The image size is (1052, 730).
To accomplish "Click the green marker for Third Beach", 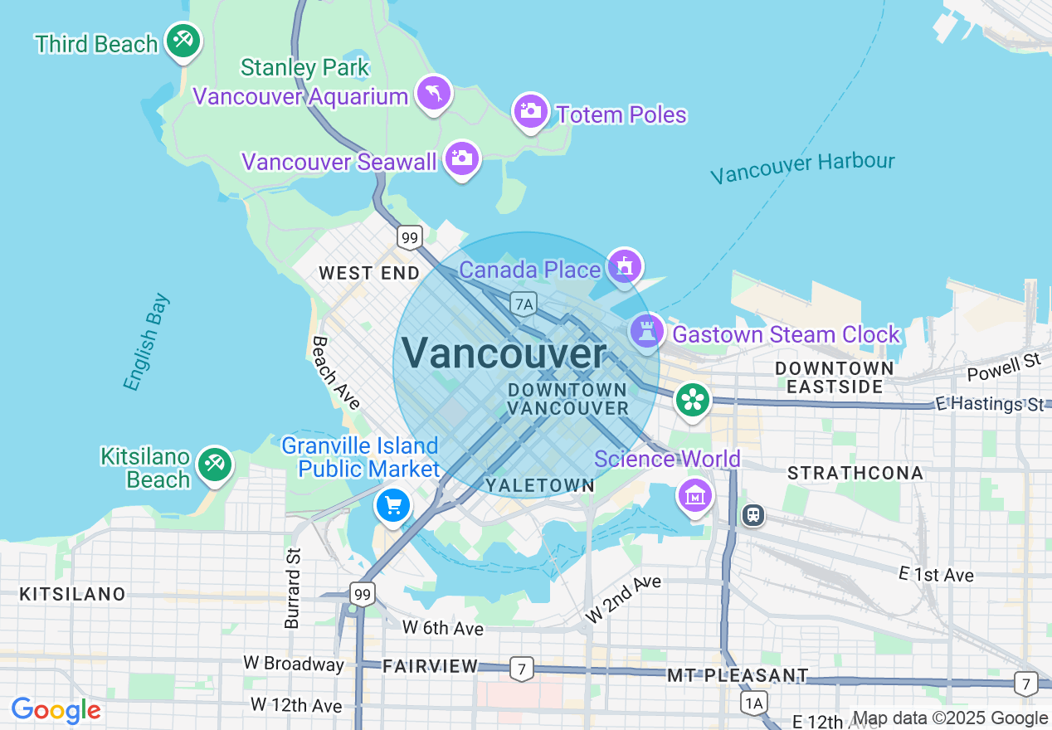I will coord(183,40).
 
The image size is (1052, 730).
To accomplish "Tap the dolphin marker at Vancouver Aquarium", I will coord(433,92).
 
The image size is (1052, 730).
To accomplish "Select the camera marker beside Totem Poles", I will coord(530,110).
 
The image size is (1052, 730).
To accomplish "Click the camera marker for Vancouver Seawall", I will coord(462,158).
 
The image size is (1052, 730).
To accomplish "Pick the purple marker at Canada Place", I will coord(624,266).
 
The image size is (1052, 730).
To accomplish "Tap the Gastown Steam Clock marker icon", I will coord(646,331).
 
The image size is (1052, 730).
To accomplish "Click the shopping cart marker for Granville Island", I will coord(392,504).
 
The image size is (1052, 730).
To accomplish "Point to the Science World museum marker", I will coord(695,495).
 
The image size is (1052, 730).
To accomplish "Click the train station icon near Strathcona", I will coord(752,514).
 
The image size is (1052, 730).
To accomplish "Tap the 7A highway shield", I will coord(523,304).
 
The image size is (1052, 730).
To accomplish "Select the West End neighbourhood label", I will coord(369,273).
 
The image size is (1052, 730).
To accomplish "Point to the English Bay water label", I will coord(146,341).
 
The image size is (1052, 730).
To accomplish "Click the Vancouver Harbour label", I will coord(802,168).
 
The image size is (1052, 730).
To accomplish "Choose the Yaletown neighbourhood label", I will coord(540,485).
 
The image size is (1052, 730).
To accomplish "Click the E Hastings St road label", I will coord(990,404).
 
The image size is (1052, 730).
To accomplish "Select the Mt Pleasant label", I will coord(738,675).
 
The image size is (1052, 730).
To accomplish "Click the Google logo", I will coord(56,710).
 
